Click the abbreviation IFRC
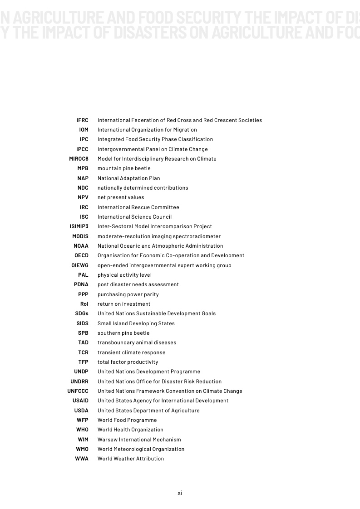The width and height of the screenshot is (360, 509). [x=82, y=120]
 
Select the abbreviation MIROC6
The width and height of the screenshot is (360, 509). [x=79, y=159]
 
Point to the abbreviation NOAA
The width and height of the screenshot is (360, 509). [x=81, y=246]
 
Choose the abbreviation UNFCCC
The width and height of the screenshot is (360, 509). [x=78, y=391]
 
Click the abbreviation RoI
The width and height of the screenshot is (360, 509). [x=84, y=304]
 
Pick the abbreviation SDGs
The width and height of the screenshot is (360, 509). [x=82, y=313]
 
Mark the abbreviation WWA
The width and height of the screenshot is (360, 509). [x=82, y=459]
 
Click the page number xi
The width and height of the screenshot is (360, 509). [x=180, y=493]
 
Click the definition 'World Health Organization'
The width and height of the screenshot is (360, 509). [x=130, y=430]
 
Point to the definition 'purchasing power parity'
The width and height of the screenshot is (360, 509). [x=128, y=294]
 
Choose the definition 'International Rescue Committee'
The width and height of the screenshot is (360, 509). [x=138, y=207]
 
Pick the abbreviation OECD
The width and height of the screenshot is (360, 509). [x=82, y=255]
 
